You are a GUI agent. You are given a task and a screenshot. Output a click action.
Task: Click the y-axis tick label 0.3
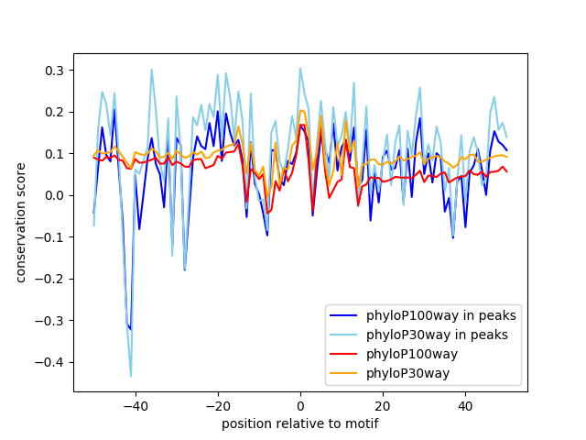(x=55, y=71)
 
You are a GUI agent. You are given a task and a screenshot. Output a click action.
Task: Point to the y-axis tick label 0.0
(x=55, y=195)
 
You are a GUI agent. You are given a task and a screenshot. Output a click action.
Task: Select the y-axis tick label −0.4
(x=51, y=362)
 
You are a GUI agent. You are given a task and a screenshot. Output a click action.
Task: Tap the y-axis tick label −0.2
(x=51, y=279)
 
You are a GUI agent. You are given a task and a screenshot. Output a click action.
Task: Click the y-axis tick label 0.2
(x=55, y=112)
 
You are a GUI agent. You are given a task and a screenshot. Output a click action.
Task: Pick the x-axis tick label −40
(x=135, y=405)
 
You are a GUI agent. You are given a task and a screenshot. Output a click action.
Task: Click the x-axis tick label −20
(x=217, y=405)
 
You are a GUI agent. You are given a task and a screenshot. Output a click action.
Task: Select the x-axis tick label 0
(x=300, y=405)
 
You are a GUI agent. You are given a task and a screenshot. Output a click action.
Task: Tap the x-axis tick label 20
(x=383, y=405)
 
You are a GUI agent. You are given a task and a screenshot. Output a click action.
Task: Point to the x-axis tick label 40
(x=465, y=405)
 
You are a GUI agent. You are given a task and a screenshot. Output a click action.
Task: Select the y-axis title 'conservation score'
(x=20, y=222)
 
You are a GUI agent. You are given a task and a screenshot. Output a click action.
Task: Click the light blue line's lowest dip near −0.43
(x=131, y=376)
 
